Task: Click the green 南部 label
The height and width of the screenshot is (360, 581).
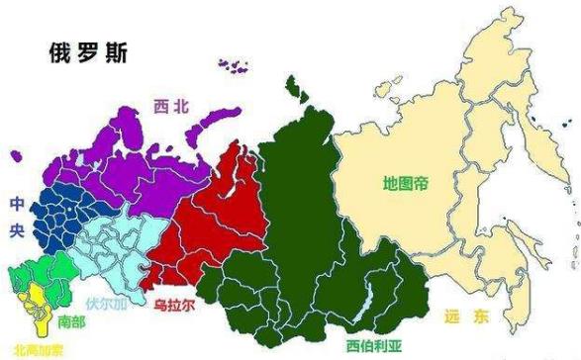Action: (71, 321)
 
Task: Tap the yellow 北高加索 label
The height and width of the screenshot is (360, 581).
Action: (32, 349)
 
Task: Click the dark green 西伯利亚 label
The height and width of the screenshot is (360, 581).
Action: (373, 346)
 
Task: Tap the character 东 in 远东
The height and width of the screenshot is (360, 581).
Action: (481, 317)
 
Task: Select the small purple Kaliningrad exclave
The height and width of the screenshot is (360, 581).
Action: (16, 155)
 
